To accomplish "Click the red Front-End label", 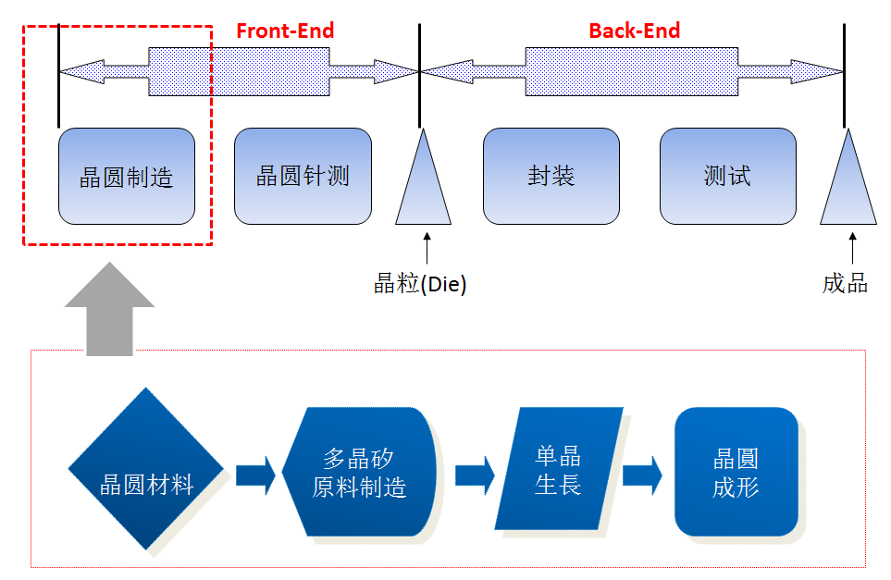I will point(284,31).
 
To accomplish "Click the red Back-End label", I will point(634,31).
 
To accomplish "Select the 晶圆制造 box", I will point(127,177).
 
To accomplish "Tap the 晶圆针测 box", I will point(303,177).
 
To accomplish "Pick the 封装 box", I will point(551,177).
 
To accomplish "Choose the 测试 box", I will point(727,177).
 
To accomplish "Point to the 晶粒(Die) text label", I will point(420,284).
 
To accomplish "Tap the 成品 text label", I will point(845,284).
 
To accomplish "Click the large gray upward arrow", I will point(109,310).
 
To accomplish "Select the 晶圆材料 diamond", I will point(146,469).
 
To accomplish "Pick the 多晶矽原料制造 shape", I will point(360,472).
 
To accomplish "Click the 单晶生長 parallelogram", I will point(559,470).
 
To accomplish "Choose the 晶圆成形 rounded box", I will point(736,472).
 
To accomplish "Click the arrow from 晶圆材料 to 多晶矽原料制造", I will point(255,475).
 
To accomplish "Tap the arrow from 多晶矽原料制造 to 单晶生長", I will point(475,475).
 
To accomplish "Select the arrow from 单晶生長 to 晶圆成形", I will point(642,475).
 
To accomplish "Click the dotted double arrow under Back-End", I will point(632,70).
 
